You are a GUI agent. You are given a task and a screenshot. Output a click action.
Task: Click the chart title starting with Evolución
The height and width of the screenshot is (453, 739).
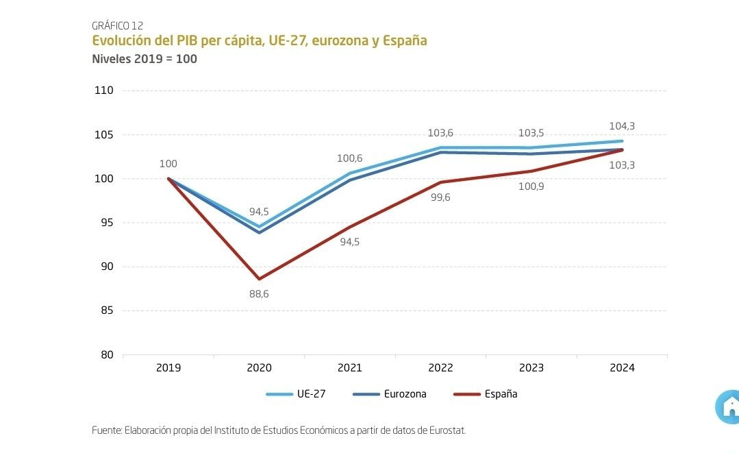(x=259, y=41)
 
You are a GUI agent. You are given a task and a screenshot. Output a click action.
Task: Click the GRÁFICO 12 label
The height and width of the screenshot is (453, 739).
(x=117, y=26)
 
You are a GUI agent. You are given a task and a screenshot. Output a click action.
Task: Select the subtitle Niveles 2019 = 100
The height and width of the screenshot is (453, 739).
(x=145, y=59)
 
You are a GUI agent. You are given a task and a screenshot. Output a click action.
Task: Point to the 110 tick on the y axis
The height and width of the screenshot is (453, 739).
(x=103, y=90)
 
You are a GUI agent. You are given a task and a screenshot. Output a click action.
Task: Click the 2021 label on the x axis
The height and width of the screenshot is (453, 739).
(x=349, y=368)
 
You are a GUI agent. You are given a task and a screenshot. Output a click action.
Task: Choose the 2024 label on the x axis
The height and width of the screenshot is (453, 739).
(x=622, y=368)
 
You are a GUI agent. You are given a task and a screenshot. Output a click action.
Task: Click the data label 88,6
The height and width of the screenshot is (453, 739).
(x=259, y=294)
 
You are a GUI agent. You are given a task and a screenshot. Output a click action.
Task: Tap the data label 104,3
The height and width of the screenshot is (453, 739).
(x=622, y=126)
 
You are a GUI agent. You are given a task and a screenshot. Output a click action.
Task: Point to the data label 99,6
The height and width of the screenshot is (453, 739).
(x=440, y=197)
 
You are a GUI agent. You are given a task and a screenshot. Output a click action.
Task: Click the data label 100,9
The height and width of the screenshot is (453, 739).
(x=531, y=186)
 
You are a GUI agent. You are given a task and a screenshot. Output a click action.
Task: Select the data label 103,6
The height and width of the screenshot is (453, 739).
(x=440, y=133)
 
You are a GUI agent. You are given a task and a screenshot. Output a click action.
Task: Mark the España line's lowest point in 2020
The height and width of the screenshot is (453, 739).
(x=259, y=279)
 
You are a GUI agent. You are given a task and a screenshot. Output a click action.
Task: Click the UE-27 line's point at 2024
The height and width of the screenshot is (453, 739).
(x=622, y=141)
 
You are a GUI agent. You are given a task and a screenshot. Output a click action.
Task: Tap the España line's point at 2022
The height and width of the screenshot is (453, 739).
(x=440, y=182)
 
